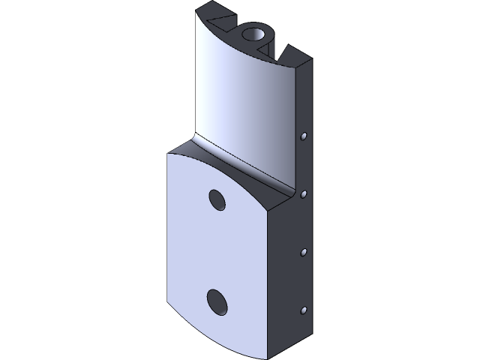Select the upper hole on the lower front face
point(217,200)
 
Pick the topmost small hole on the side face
point(304,136)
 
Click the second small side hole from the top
point(304,194)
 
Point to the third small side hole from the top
point(304,253)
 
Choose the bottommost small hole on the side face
point(304,310)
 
